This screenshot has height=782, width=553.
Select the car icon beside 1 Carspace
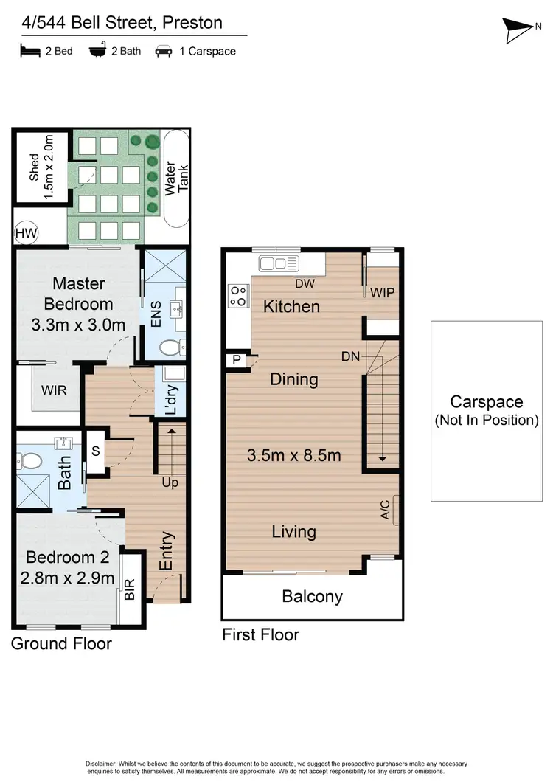point(163,52)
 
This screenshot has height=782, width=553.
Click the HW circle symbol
point(25,235)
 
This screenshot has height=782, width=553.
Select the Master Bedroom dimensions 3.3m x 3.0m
point(78,325)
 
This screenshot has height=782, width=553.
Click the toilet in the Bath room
point(30,462)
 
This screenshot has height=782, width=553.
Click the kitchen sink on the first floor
point(277,263)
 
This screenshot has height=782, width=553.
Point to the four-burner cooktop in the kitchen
point(239,295)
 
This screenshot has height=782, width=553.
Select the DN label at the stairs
point(350,356)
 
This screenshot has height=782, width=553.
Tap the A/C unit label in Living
point(386,511)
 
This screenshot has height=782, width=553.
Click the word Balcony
point(313,596)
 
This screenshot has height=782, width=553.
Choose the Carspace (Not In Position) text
point(487,411)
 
